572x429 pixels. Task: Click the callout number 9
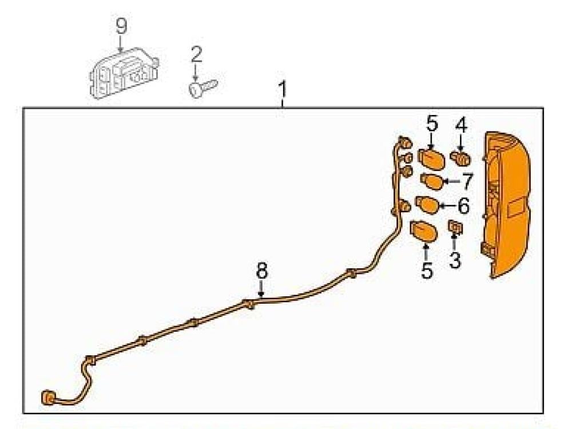click(x=121, y=27)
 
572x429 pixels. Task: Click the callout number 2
click(x=196, y=55)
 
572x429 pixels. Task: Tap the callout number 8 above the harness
click(x=261, y=271)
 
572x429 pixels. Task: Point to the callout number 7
click(x=467, y=182)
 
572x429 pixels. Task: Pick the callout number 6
click(x=463, y=206)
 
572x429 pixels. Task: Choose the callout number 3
click(x=455, y=260)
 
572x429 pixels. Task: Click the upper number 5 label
click(x=431, y=124)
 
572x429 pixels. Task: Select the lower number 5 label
click(x=427, y=271)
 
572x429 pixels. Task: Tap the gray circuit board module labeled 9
click(x=124, y=73)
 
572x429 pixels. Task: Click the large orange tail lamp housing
click(x=505, y=205)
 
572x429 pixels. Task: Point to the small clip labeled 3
click(x=455, y=227)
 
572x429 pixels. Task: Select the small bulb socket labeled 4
click(x=460, y=158)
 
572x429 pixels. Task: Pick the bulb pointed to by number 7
click(x=432, y=181)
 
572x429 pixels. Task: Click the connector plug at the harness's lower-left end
click(x=49, y=398)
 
